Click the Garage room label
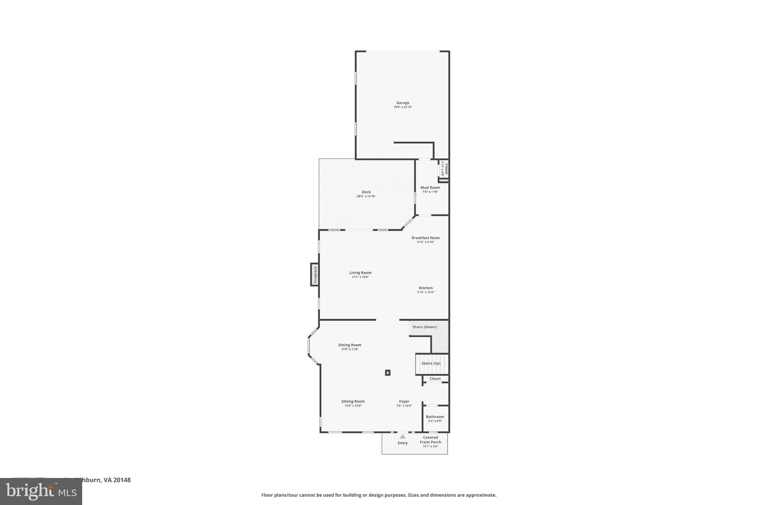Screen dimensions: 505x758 pyautogui.click(x=403, y=103)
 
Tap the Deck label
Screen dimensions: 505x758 pyautogui.click(x=366, y=192)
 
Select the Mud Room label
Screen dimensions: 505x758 pyautogui.click(x=430, y=188)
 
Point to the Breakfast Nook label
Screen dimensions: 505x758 pyautogui.click(x=426, y=238)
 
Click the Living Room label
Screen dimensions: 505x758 pyautogui.click(x=360, y=273)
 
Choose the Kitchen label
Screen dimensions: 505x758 pyautogui.click(x=426, y=288)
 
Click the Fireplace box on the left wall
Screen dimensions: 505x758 pyautogui.click(x=315, y=275)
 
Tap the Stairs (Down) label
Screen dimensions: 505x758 pyautogui.click(x=425, y=327)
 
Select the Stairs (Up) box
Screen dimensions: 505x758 pyautogui.click(x=432, y=364)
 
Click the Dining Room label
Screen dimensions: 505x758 pyautogui.click(x=350, y=345)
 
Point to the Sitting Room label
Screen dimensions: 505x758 pyautogui.click(x=353, y=401)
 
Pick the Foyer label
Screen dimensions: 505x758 pyautogui.click(x=404, y=401)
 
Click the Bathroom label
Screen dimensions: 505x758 pyautogui.click(x=435, y=417)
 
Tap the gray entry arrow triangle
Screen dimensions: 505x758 pyautogui.click(x=403, y=437)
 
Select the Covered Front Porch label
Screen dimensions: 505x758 pyautogui.click(x=430, y=440)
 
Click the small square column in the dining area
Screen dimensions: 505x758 pyautogui.click(x=388, y=373)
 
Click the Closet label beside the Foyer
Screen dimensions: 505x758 pyautogui.click(x=435, y=379)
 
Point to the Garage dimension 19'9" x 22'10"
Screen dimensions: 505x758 pyautogui.click(x=403, y=107)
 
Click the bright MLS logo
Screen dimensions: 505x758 pyautogui.click(x=41, y=491)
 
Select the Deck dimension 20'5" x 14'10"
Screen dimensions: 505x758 pyautogui.click(x=366, y=196)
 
